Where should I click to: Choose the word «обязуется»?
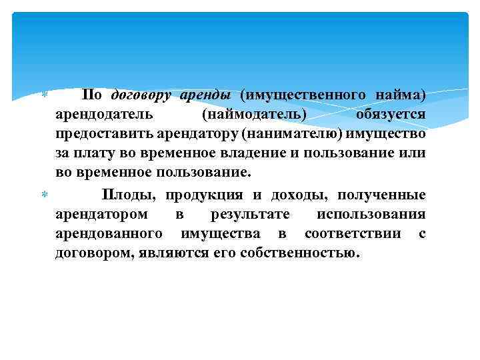pos(391,114)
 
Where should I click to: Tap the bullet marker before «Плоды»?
pos(45,195)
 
